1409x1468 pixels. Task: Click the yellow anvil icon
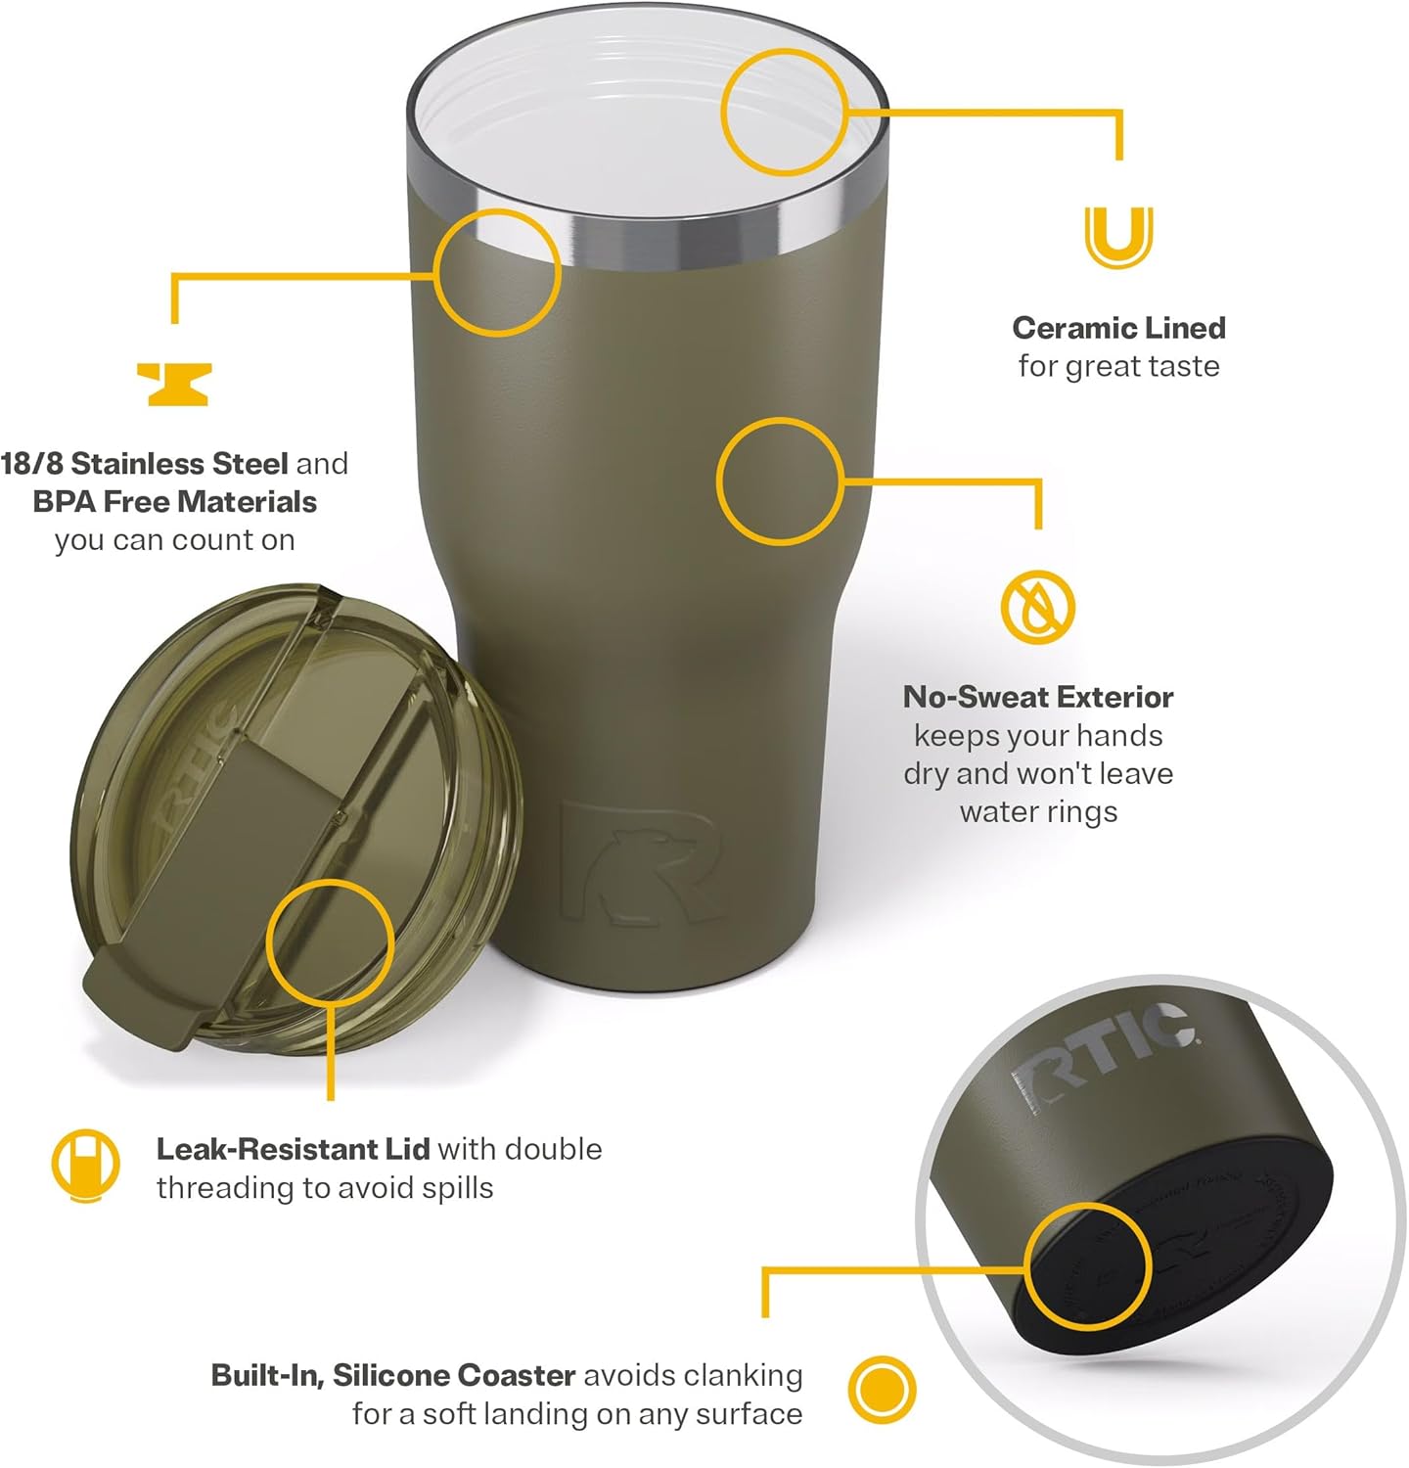tap(174, 384)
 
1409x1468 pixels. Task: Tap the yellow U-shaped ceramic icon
tap(1118, 237)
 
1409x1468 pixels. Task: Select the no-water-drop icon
tap(1037, 607)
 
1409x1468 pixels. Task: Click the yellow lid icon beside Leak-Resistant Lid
tap(86, 1166)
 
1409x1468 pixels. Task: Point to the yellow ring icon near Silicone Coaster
tap(882, 1390)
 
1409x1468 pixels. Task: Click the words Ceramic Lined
tap(1118, 328)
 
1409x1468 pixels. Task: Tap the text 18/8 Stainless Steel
tap(145, 463)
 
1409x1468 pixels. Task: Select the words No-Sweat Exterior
tap(1038, 697)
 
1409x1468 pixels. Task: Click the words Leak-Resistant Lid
tap(293, 1149)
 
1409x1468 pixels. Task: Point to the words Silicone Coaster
tap(454, 1375)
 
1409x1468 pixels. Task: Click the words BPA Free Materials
tap(175, 502)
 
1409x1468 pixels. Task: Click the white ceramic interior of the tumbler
tap(626, 117)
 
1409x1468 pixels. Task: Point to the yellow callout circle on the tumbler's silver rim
tap(497, 272)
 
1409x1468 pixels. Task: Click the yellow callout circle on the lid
tap(331, 941)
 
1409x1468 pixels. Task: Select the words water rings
tap(1038, 812)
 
